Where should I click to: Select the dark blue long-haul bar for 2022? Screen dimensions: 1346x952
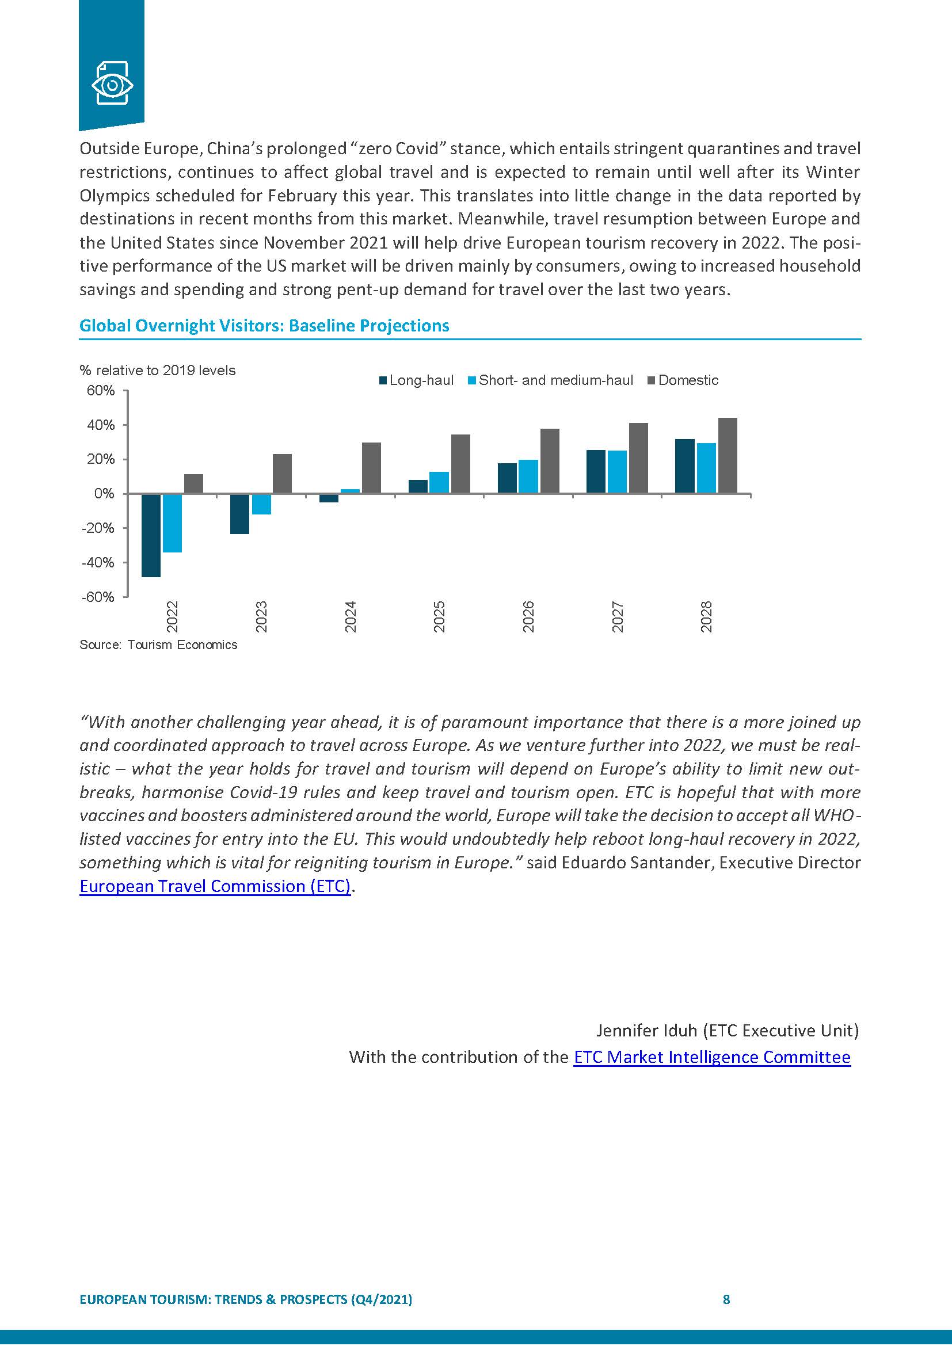coord(151,535)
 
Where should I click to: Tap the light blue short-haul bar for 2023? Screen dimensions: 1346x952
coord(261,504)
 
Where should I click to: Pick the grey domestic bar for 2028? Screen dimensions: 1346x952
coord(728,456)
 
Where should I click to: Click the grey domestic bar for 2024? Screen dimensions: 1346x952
coord(372,468)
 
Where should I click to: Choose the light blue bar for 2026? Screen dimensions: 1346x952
coord(528,476)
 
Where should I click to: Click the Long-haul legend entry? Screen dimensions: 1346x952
coord(417,380)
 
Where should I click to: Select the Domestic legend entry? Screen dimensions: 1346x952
coord(683,380)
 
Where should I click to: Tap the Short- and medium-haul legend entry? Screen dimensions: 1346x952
coord(550,380)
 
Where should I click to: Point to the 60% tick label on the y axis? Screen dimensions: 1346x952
coord(101,391)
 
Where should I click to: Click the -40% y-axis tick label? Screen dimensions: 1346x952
coord(98,563)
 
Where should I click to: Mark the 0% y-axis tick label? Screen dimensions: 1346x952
coord(104,494)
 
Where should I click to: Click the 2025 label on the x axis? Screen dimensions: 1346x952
coord(439,617)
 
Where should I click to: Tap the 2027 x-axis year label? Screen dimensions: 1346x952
coord(617,617)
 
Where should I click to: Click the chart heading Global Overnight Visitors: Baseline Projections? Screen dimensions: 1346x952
coord(264,326)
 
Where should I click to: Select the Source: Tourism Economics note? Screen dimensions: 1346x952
coord(158,645)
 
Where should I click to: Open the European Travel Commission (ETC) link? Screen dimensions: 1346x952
coord(215,886)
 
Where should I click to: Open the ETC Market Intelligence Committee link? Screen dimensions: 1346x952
coord(711,1057)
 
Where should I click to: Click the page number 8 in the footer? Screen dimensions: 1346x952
coord(726,1299)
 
